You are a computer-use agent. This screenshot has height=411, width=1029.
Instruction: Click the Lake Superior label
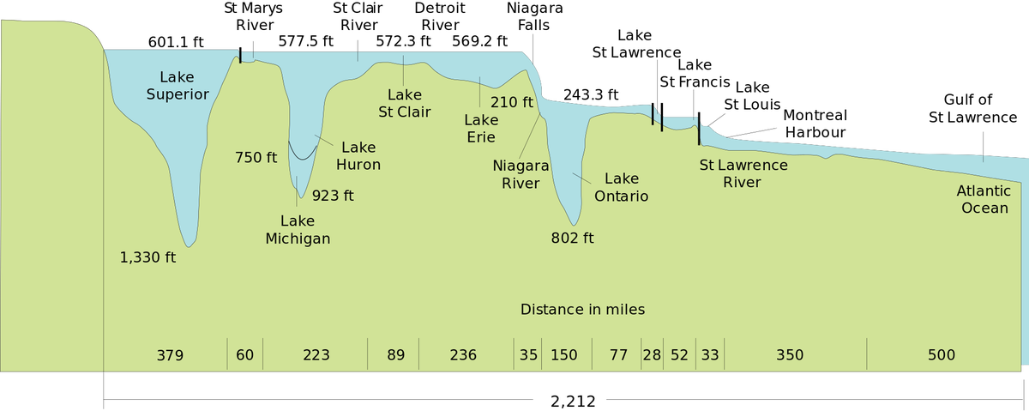[x=178, y=86]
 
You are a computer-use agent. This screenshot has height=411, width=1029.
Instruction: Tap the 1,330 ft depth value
[x=148, y=257]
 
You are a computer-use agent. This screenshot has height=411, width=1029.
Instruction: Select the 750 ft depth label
[x=256, y=157]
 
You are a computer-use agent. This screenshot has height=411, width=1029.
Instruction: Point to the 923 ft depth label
[x=333, y=195]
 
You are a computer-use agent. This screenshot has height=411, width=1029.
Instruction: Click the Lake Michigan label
[x=298, y=230]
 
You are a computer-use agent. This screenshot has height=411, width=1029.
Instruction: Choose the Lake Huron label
[x=358, y=155]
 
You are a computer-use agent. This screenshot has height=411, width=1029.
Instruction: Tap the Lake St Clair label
[x=405, y=103]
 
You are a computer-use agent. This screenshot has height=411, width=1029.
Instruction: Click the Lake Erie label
[x=481, y=129]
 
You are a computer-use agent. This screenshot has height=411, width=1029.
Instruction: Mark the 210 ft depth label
[x=512, y=102]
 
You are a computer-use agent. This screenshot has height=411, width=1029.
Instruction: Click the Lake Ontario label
[x=622, y=187]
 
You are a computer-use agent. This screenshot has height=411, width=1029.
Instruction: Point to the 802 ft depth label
[x=572, y=238]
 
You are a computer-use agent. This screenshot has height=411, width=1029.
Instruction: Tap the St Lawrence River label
[x=743, y=173]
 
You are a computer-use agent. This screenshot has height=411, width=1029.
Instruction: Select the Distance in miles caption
[x=582, y=309]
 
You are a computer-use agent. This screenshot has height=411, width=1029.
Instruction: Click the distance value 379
[x=170, y=355]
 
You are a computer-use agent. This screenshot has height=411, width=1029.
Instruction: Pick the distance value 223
[x=316, y=355]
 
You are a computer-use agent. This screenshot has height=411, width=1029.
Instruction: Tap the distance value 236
[x=463, y=355]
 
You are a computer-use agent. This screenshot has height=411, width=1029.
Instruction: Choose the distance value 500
[x=942, y=355]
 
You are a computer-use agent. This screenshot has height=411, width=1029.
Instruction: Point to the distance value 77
[x=618, y=355]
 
